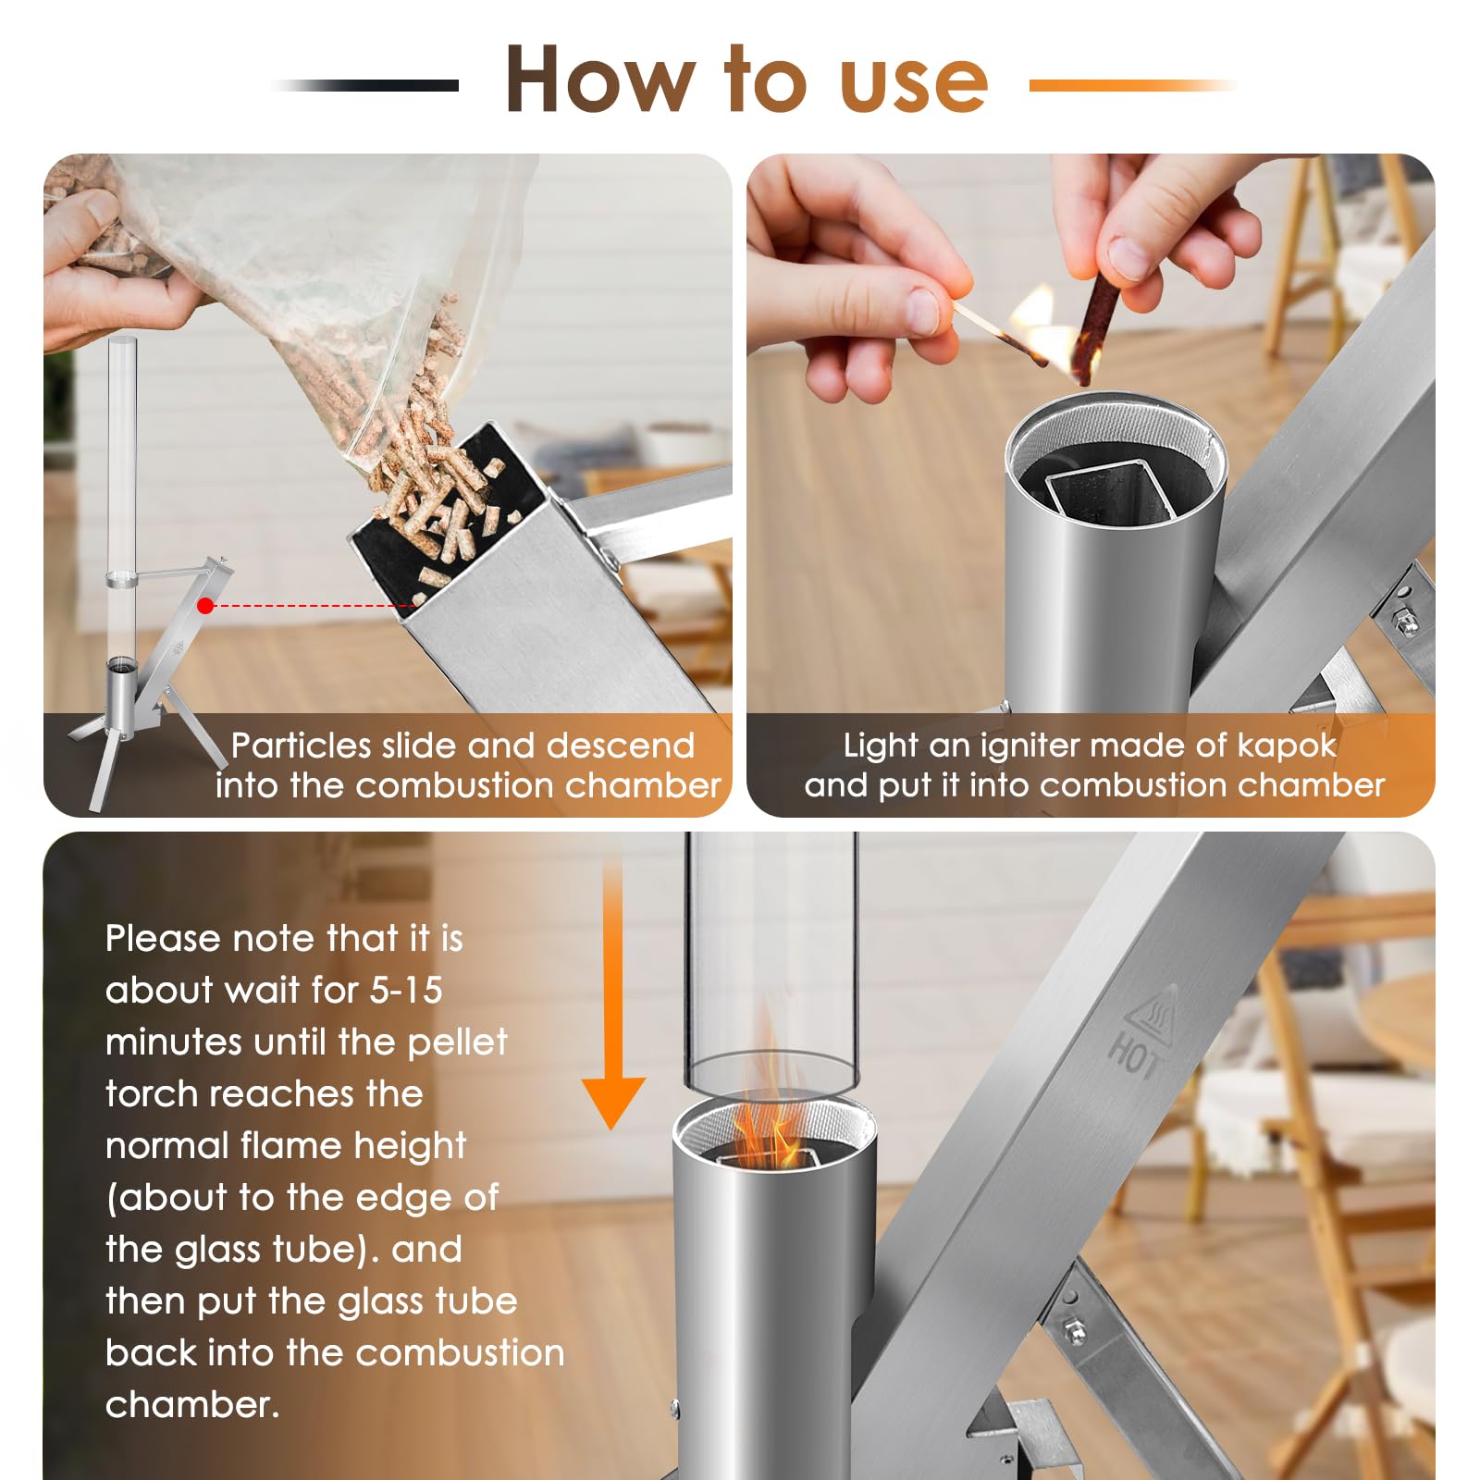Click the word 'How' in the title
pos(599,80)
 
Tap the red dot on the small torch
pos(205,606)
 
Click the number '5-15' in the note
pos(406,991)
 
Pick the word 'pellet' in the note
pos(458,1043)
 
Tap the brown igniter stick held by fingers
pos(1094,324)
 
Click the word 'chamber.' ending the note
pos(192,1405)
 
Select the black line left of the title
pos(365,85)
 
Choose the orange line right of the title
pos(1132,85)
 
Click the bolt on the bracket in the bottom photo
pos(1074,1332)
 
